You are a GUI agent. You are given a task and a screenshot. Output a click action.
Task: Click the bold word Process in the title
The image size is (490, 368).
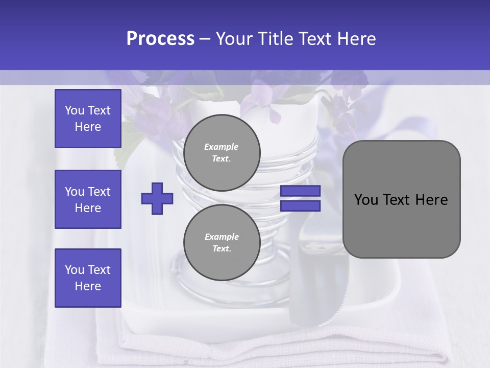click(x=160, y=39)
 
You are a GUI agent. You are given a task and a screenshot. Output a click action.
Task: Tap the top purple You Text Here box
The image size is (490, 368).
click(x=88, y=119)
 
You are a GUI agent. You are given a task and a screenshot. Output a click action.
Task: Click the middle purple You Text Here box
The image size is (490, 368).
click(x=88, y=199)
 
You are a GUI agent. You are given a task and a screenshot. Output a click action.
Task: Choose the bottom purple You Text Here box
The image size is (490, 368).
click(x=88, y=278)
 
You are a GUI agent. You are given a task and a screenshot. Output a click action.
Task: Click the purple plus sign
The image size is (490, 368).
click(x=157, y=198)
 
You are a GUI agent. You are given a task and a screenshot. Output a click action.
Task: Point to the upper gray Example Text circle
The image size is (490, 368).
click(x=222, y=152)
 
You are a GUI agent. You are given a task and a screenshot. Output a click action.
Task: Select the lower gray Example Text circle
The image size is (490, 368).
click(x=222, y=242)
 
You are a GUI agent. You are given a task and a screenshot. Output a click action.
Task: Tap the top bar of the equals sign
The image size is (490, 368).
click(x=300, y=191)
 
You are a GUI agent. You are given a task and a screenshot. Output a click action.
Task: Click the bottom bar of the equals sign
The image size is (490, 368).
click(x=300, y=206)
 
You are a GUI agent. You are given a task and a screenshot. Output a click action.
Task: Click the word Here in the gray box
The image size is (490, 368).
click(x=431, y=200)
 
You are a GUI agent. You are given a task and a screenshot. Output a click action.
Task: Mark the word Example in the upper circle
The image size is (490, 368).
click(x=222, y=147)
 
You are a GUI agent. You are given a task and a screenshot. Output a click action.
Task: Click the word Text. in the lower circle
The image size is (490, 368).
click(x=222, y=249)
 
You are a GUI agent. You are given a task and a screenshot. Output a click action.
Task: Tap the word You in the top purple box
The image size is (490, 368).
click(x=74, y=110)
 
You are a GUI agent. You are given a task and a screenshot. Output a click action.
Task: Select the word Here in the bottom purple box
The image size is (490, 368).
click(x=88, y=286)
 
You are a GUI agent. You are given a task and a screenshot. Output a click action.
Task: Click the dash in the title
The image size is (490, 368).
click(x=205, y=39)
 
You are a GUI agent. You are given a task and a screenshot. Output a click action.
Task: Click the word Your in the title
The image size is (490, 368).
click(x=233, y=39)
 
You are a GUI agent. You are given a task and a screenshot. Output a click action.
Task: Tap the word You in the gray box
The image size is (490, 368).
click(x=366, y=200)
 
